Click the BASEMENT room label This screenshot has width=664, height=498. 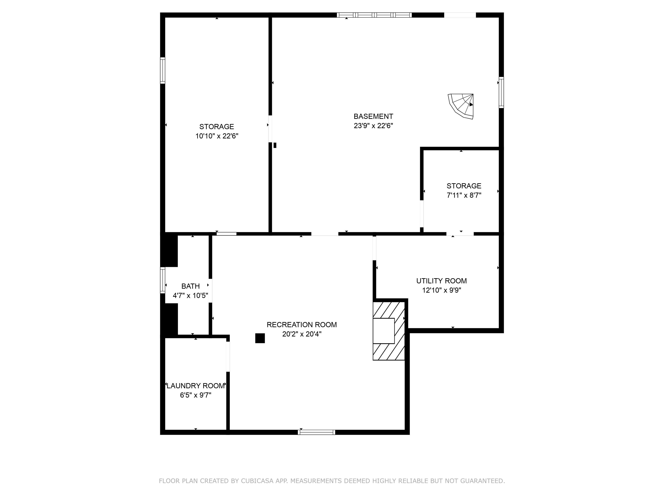373,116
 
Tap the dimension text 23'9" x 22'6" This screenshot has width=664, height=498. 373,126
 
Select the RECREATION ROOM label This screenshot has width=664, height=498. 302,324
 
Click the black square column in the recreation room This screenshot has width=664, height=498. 260,338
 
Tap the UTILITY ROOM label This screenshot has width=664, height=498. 441,281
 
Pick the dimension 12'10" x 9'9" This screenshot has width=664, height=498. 441,290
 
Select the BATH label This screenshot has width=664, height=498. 190,286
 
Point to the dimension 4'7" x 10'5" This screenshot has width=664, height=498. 190,296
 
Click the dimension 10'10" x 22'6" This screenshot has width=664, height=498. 217,136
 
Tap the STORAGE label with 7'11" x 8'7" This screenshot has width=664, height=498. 464,186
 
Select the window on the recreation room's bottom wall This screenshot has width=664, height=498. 316,432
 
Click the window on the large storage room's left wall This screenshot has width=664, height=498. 163,70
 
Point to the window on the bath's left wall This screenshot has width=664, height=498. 163,280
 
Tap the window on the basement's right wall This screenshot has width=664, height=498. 501,92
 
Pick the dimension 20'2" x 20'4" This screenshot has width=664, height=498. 302,334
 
